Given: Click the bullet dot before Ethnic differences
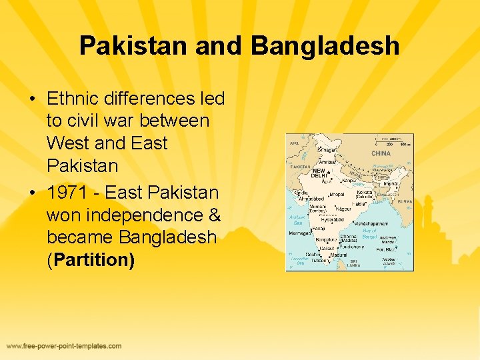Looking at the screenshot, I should [x=32, y=99].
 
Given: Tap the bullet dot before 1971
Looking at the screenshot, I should [x=32, y=193].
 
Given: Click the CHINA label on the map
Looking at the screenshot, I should [x=381, y=153].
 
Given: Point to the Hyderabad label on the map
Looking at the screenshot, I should [x=331, y=219].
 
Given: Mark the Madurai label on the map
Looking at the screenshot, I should [x=339, y=254].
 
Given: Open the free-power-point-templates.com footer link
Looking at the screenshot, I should [x=64, y=346].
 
